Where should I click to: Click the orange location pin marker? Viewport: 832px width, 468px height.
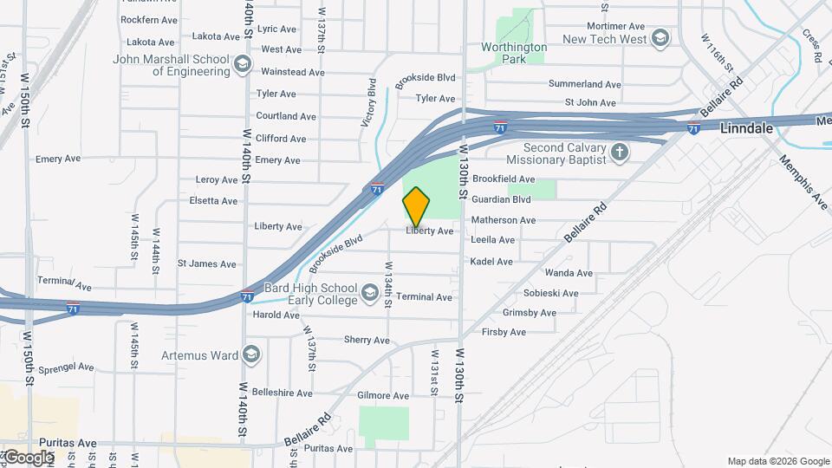(416, 206)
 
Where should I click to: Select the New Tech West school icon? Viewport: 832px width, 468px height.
(660, 39)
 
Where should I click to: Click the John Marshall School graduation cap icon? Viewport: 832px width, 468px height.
(243, 65)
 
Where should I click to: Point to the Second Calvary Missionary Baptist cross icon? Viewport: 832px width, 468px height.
(619, 153)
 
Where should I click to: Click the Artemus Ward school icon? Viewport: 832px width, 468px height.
(251, 355)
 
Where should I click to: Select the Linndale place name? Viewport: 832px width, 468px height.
(746, 128)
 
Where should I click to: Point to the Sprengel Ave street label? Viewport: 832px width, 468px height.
(67, 367)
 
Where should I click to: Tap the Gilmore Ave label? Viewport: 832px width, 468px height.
(383, 396)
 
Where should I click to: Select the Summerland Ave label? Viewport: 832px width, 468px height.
(585, 84)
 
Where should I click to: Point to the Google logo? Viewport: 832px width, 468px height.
(29, 457)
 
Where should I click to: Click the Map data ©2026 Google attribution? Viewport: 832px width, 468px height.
(777, 461)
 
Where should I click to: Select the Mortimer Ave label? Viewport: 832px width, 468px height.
(616, 27)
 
